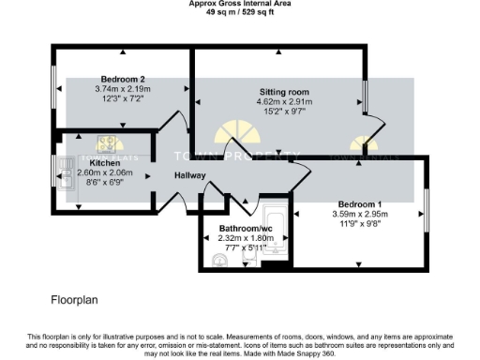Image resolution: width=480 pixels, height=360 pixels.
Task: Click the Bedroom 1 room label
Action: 360,203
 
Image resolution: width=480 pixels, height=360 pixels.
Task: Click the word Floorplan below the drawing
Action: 74,301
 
